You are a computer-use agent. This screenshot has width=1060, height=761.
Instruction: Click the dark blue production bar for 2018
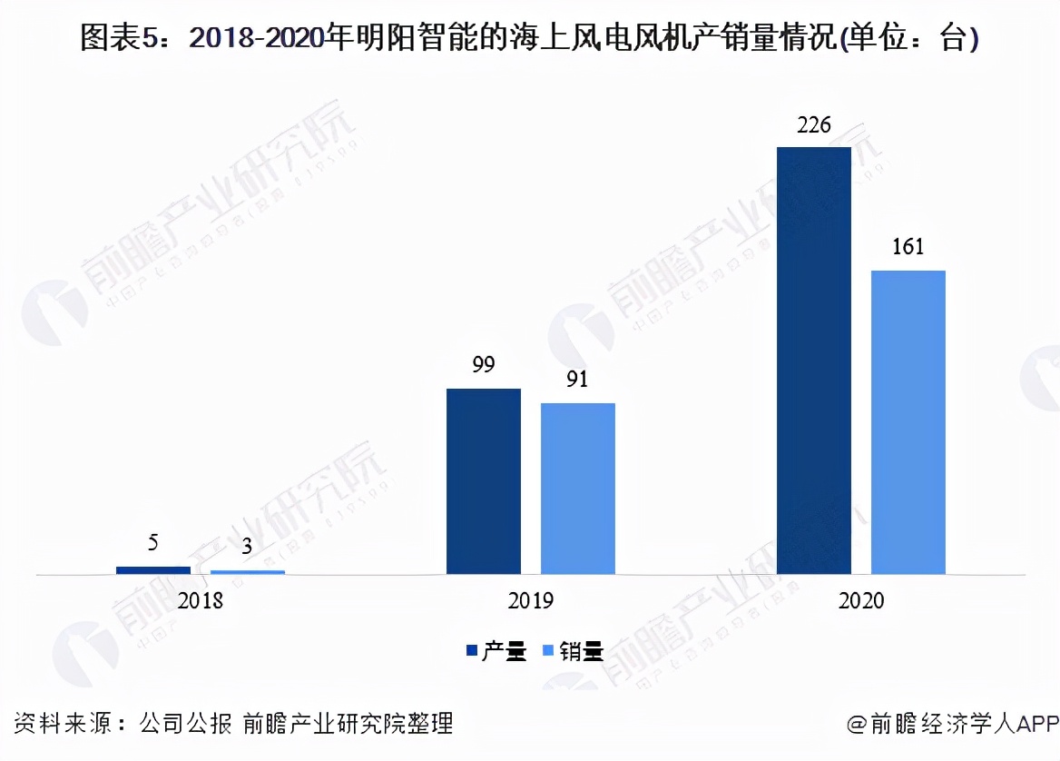pos(153,570)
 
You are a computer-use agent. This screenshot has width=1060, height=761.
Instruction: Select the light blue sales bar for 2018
pos(248,572)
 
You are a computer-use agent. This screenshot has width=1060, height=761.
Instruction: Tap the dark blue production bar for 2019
pos(484,481)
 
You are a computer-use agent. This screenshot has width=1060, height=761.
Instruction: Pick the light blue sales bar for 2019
pos(578,489)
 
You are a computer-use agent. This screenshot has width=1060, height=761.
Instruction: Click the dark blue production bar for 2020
pos(814,361)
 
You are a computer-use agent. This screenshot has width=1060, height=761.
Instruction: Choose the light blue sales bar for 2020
pos(908,422)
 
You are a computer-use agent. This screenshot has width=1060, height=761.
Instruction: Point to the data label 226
pos(813,125)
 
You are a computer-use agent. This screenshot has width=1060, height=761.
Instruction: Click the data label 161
pos(908,247)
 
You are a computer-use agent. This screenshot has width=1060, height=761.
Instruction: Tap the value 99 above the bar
pos(483,366)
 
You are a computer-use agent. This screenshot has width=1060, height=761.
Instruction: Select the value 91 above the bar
pos(577,380)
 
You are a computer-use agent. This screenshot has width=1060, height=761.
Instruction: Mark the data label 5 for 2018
pos(153,543)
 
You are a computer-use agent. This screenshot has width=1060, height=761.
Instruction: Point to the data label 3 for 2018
pos(247,549)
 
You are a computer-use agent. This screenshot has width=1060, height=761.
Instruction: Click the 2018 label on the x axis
pos(201,601)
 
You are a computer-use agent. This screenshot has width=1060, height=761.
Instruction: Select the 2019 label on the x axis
pos(531,601)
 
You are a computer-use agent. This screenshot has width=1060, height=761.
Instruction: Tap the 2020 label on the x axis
pos(861,601)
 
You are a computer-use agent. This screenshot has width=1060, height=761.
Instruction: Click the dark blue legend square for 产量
pos(472,650)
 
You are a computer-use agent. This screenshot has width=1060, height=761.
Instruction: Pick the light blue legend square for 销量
pos(548,650)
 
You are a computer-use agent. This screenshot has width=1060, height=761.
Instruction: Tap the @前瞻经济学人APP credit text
pos(953,724)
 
